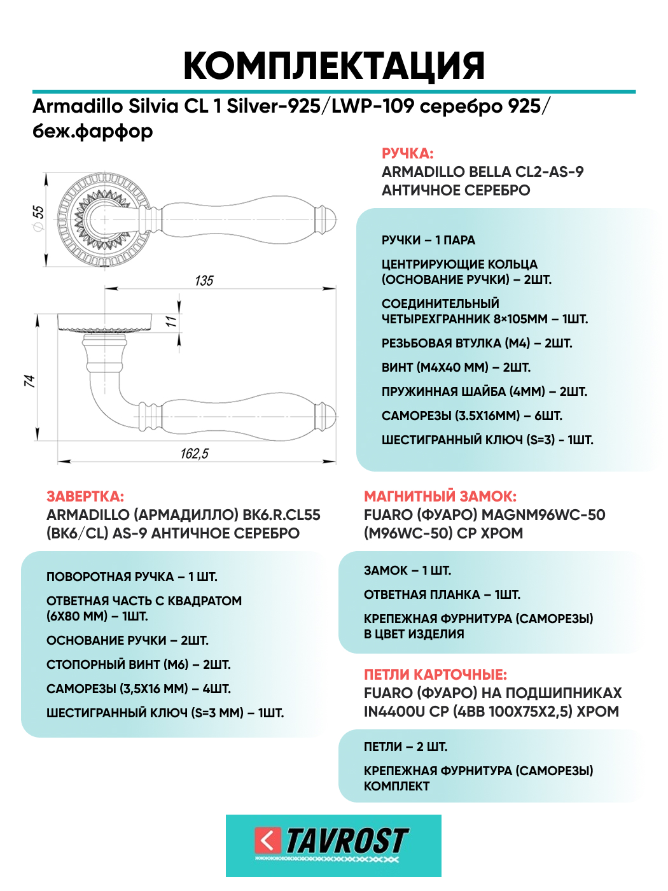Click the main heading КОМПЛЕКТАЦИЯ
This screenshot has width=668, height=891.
(x=334, y=66)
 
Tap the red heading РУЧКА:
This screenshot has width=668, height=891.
(x=407, y=153)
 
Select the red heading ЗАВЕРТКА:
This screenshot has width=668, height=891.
(x=85, y=496)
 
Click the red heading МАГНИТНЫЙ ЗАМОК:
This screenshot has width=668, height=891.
(x=440, y=496)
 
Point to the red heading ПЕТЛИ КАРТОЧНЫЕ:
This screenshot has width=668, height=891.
(x=435, y=675)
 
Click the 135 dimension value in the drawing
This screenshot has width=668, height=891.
(x=204, y=281)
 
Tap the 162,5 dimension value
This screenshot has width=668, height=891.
(x=195, y=454)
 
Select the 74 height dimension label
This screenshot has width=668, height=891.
(x=29, y=381)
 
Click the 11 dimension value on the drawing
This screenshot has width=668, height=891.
(x=171, y=322)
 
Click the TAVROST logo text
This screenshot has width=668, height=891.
(x=347, y=841)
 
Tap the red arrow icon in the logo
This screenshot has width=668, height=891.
(x=267, y=841)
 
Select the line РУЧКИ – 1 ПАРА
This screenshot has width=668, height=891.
(x=428, y=240)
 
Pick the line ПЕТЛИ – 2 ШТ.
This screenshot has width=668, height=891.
(x=405, y=747)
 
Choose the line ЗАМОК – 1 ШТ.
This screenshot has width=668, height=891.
(x=407, y=570)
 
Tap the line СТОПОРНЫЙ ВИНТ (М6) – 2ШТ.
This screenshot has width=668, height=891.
(x=139, y=664)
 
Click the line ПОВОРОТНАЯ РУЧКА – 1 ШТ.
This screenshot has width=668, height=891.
(x=132, y=577)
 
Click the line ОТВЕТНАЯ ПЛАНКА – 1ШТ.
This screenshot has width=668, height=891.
(x=442, y=594)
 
